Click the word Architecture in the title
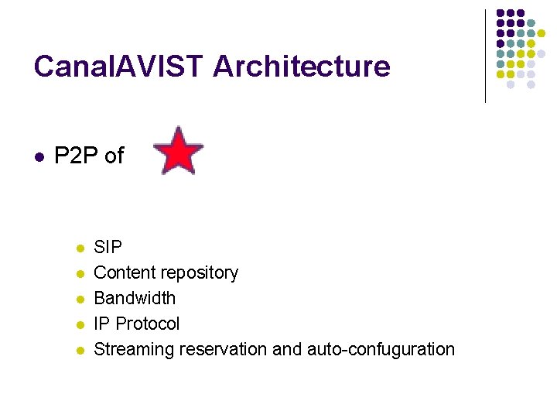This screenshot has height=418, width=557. (x=302, y=67)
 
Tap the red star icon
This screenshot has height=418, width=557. (x=179, y=150)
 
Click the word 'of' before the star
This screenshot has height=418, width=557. (x=114, y=156)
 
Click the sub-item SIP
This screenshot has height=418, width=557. (x=108, y=248)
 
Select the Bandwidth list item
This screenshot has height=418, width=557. (x=135, y=299)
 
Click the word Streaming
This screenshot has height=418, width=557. (x=134, y=350)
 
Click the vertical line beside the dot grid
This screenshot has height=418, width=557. (x=485, y=56)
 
